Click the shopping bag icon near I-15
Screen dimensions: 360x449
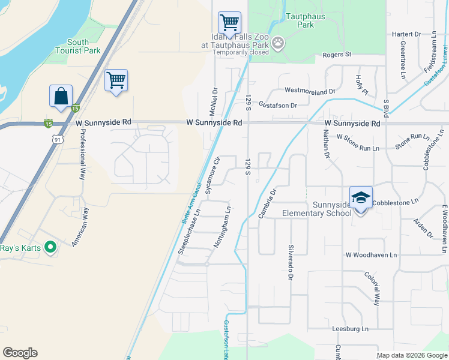click(61, 96)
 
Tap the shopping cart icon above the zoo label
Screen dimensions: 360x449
click(229, 23)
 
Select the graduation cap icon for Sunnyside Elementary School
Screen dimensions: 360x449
click(361, 197)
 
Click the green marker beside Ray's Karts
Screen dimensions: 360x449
click(50, 247)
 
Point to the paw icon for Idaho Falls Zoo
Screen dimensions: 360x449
click(278, 43)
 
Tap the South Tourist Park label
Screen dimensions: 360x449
click(83, 47)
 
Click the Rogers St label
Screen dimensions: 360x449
click(337, 55)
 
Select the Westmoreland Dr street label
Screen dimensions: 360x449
click(310, 91)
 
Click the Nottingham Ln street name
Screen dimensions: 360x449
click(222, 228)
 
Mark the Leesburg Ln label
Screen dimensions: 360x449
click(351, 329)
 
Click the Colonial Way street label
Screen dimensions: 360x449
click(372, 289)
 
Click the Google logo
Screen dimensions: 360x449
click(20, 353)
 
